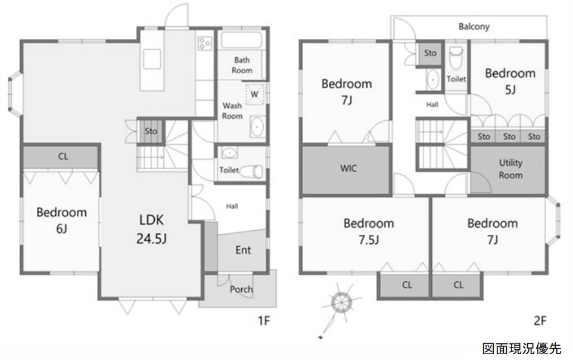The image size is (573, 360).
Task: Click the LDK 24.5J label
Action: click(x=152, y=229)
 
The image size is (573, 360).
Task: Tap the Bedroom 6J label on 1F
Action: click(x=62, y=221)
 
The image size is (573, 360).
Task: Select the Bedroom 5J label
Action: click(x=510, y=81)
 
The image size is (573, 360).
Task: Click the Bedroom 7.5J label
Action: click(x=369, y=231)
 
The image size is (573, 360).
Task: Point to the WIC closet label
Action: click(x=348, y=168)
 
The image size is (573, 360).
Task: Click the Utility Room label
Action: click(x=510, y=169)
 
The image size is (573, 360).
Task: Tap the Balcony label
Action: click(x=474, y=26)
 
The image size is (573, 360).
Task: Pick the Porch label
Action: click(x=241, y=290)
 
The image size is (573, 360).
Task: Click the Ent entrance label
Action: click(x=243, y=250)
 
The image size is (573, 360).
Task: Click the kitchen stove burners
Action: click(x=204, y=43)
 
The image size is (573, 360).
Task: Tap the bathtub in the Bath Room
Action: click(x=241, y=41)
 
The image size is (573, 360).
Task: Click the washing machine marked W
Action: click(x=255, y=94)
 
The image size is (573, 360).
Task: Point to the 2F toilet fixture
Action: click(x=456, y=57)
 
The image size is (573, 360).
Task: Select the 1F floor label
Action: click(x=264, y=321)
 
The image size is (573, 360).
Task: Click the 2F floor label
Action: click(x=540, y=321)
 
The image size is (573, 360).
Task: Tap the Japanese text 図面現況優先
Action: click(x=521, y=349)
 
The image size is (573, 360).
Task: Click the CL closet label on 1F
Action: click(x=63, y=157)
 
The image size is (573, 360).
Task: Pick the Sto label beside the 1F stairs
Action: click(x=151, y=131)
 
